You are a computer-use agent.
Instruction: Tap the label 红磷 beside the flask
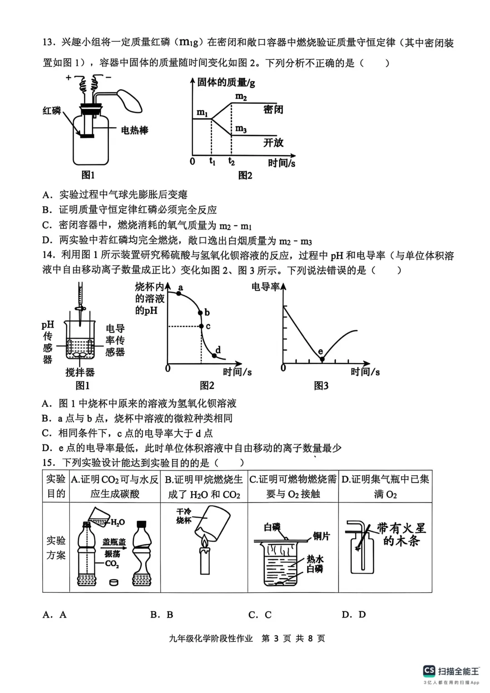[x=52, y=111]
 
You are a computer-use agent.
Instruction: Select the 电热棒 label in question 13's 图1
[x=135, y=131]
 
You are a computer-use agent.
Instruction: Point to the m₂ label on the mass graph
[x=241, y=97]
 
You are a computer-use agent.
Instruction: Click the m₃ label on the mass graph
[x=241, y=129]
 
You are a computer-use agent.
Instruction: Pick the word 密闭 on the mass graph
[x=273, y=109]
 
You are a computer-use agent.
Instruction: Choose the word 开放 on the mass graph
[x=273, y=142]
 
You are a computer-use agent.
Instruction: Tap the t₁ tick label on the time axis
[x=212, y=161]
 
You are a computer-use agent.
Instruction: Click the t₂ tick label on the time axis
[x=231, y=161]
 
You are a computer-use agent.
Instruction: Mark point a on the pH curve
[x=178, y=293]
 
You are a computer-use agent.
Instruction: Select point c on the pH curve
[x=201, y=326]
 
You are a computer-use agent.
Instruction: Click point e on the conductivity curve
[x=322, y=359]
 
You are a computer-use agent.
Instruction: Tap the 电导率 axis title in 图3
[x=265, y=287]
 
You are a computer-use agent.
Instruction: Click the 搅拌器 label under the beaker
[x=80, y=372]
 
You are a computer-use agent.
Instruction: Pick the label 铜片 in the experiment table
[x=321, y=536]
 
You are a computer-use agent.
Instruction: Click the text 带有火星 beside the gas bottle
[x=401, y=528]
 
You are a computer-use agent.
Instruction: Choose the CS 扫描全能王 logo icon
[x=429, y=670]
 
